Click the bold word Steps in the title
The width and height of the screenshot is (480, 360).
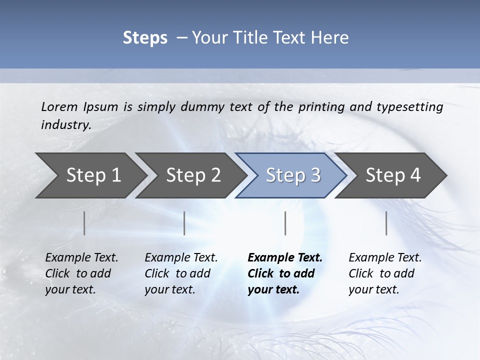[145, 38]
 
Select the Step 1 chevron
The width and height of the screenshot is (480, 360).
[93, 175]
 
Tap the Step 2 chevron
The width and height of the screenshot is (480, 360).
[193, 175]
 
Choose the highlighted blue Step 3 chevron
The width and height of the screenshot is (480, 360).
[293, 175]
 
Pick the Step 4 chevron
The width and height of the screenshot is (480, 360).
[393, 175]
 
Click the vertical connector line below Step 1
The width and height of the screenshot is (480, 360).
[84, 223]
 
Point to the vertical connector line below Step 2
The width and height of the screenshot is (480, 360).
[184, 223]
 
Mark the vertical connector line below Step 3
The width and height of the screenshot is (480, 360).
[285, 223]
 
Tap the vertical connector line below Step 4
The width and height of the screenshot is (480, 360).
[386, 223]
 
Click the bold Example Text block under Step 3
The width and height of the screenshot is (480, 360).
[285, 273]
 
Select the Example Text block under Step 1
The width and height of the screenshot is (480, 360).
[81, 273]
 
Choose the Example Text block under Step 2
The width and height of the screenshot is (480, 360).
[181, 273]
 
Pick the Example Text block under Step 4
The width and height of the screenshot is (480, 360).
[385, 273]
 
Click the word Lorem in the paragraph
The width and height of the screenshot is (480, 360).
[59, 107]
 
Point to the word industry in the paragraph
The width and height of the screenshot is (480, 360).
[65, 125]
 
